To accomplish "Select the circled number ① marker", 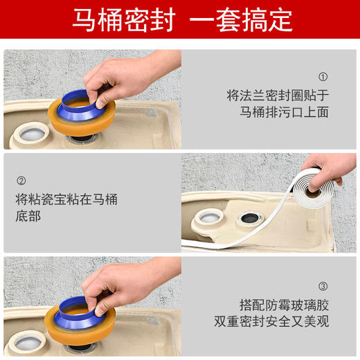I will (323, 77).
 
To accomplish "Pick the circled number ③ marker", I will (323, 285).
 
